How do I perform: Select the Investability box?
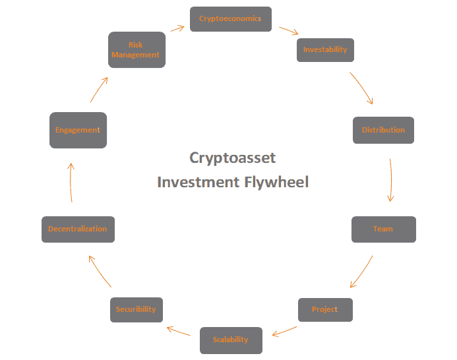click(324, 50)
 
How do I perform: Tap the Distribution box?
click(383, 130)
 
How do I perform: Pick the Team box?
click(383, 229)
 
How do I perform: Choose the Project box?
click(324, 309)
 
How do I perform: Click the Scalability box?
click(231, 340)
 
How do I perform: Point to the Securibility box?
click(136, 309)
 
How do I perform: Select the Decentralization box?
click(78, 229)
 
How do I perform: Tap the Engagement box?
click(78, 130)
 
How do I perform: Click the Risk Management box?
click(136, 50)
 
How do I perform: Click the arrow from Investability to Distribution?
click(362, 88)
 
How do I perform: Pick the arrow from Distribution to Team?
click(392, 179)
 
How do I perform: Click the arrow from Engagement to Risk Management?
click(98, 89)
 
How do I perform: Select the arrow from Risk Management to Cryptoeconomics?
click(177, 28)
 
